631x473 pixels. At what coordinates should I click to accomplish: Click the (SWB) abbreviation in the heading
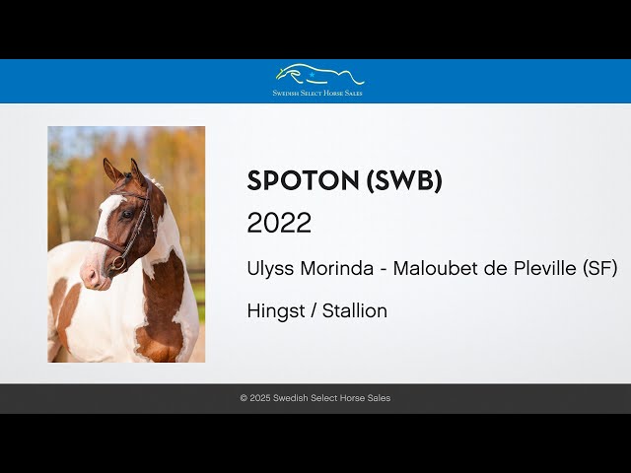tap(404, 181)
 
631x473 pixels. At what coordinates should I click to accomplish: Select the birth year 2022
tap(279, 224)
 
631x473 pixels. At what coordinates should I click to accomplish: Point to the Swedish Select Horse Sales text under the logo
tap(317, 93)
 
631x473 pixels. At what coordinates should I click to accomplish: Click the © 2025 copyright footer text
tap(315, 398)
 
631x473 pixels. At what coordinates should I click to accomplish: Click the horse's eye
tap(127, 214)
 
